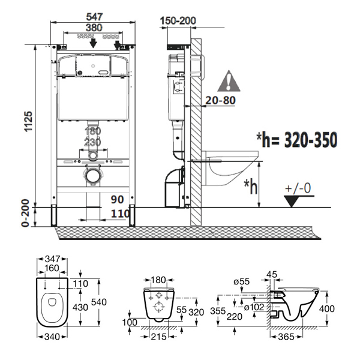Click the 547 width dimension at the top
pyautogui.click(x=94, y=17)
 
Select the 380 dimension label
pyautogui.click(x=94, y=28)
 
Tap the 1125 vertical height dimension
pyautogui.click(x=29, y=121)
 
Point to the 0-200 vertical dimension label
pyautogui.click(x=25, y=213)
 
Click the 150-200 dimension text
pyautogui.click(x=178, y=20)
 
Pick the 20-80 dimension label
pyautogui.click(x=220, y=100)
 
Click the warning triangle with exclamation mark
pyautogui.click(x=229, y=81)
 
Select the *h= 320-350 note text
pyautogui.click(x=297, y=139)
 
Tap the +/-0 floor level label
pyautogui.click(x=298, y=188)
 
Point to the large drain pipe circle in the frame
pyautogui.click(x=93, y=176)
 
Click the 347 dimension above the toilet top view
pyautogui.click(x=52, y=259)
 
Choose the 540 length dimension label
pyautogui.click(x=99, y=302)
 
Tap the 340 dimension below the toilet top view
pyautogui.click(x=52, y=337)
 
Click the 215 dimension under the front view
pyautogui.click(x=159, y=337)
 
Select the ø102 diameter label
pyautogui.click(x=254, y=307)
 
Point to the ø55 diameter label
pyautogui.click(x=241, y=281)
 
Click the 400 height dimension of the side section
pyautogui.click(x=327, y=308)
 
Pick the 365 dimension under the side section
pyautogui.click(x=286, y=337)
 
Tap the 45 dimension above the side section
pyautogui.click(x=272, y=274)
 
